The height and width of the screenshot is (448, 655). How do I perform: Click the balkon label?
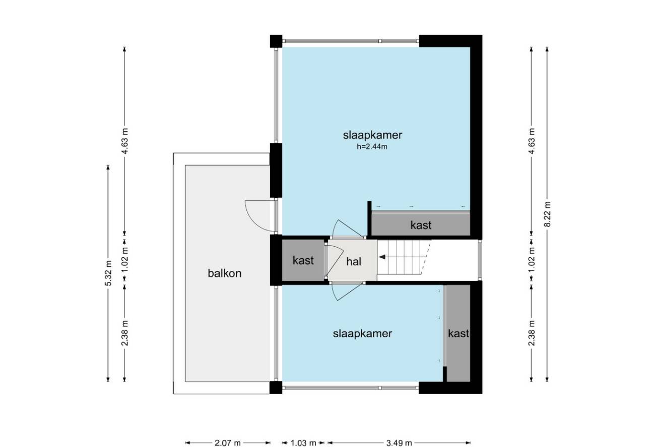pyautogui.click(x=225, y=273)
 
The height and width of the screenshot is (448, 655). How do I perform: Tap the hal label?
pyautogui.click(x=354, y=261)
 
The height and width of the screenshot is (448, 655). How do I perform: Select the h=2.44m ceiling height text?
pyautogui.click(x=372, y=146)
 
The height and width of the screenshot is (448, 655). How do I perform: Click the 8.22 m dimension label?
pyautogui.click(x=547, y=214)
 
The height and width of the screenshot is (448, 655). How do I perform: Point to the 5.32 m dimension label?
pyautogui.click(x=108, y=273)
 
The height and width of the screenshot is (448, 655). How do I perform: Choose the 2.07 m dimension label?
pyautogui.click(x=228, y=443)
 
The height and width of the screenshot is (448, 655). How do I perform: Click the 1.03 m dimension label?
pyautogui.click(x=303, y=443)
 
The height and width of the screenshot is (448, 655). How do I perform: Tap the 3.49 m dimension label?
pyautogui.click(x=399, y=443)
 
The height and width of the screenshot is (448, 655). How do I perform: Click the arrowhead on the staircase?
pyautogui.click(x=382, y=257)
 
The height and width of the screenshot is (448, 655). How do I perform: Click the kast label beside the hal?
pyautogui.click(x=303, y=260)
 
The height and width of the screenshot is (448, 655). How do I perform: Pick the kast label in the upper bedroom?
pyautogui.click(x=421, y=225)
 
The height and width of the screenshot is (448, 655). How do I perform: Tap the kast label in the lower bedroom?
pyautogui.click(x=458, y=333)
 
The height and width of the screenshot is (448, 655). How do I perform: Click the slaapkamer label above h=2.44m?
pyautogui.click(x=372, y=135)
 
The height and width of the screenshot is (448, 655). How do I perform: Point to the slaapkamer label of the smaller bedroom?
pyautogui.click(x=362, y=334)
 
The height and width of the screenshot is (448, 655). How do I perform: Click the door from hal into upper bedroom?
pyautogui.click(x=348, y=229)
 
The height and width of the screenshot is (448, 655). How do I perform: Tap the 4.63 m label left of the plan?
pyautogui.click(x=125, y=141)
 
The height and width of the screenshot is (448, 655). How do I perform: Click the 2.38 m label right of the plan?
pyautogui.click(x=532, y=333)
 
